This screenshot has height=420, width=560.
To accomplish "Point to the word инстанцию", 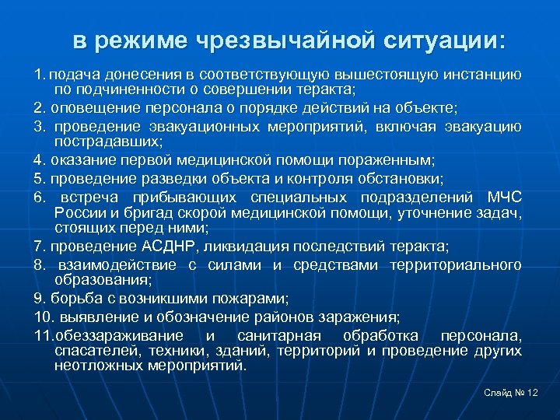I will (482, 75).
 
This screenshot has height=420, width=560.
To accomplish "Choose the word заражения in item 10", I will (366, 317).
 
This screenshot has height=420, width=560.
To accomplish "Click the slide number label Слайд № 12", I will (509, 394).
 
